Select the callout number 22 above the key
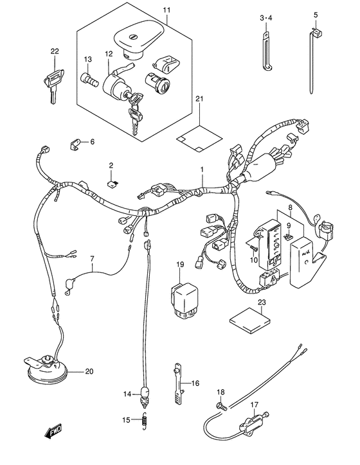click(55, 51)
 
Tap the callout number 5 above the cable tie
click(316, 14)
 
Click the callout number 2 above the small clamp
click(111, 166)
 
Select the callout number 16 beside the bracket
click(195, 383)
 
